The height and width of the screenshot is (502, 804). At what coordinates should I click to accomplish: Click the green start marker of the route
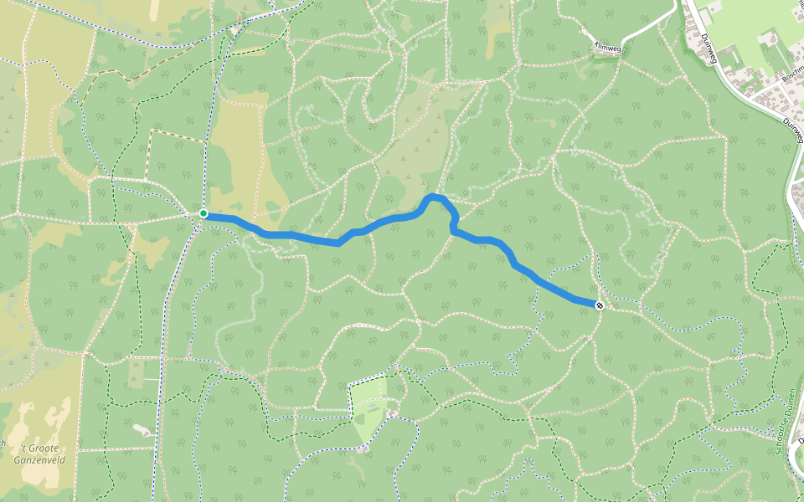click(x=204, y=214)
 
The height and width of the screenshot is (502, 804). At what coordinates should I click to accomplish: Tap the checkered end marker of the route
click(x=600, y=305)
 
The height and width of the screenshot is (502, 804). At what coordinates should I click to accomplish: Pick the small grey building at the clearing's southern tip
click(x=362, y=449)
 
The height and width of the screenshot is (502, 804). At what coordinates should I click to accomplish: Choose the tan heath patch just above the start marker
click(x=239, y=159)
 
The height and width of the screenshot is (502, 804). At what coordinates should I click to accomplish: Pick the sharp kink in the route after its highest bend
click(x=453, y=229)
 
